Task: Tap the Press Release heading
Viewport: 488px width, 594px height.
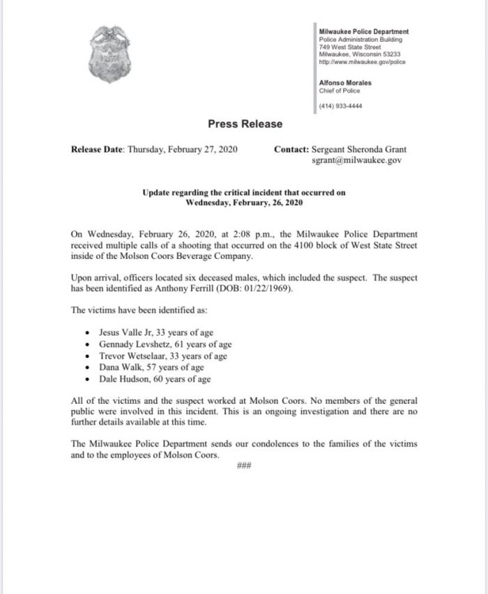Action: coord(245,124)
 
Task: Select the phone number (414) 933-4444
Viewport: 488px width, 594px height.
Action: coord(340,106)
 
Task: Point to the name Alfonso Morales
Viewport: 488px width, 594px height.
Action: coord(344,82)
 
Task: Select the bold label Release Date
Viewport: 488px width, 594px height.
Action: coord(96,149)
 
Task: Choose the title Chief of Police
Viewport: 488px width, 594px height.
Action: coord(339,90)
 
